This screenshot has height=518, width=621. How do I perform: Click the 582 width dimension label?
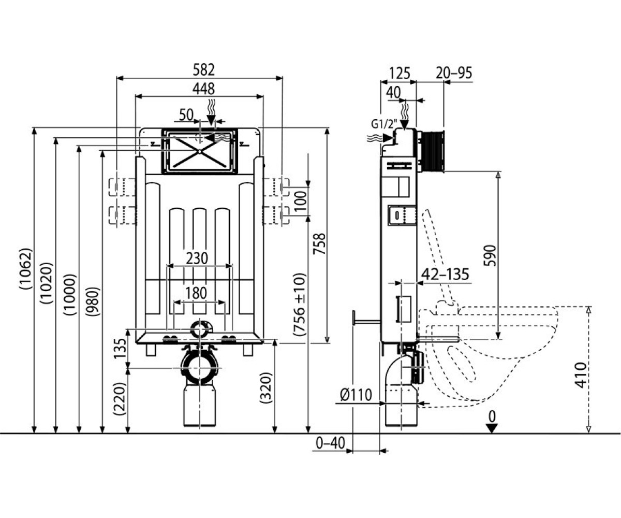coord(203,70)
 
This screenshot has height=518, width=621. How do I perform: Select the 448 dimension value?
coord(203,89)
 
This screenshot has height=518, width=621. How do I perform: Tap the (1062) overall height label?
coord(25,268)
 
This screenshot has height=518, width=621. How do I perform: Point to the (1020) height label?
coord(47,283)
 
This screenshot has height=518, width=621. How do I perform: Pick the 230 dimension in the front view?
coord(197,258)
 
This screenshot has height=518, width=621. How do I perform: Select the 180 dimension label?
coord(196,293)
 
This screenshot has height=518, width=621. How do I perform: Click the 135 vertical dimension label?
coord(120,349)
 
